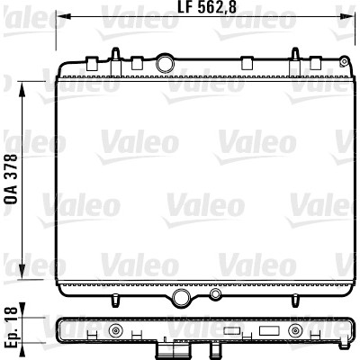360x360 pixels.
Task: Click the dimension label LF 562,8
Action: pyautogui.click(x=207, y=7)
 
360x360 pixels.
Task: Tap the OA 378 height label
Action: pyautogui.click(x=13, y=179)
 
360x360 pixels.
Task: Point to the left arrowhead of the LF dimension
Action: pyautogui.click(x=62, y=15)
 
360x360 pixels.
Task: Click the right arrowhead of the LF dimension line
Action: pyautogui.click(x=349, y=15)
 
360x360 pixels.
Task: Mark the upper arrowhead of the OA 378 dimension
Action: pyautogui.click(x=22, y=89)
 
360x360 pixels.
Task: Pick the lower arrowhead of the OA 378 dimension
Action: pyautogui.click(x=22, y=272)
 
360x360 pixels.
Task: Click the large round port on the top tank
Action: pyautogui.click(x=165, y=63)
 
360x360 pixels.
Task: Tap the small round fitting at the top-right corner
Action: pyautogui.click(x=344, y=62)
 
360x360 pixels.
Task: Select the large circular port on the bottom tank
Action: pyautogui.click(x=182, y=297)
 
